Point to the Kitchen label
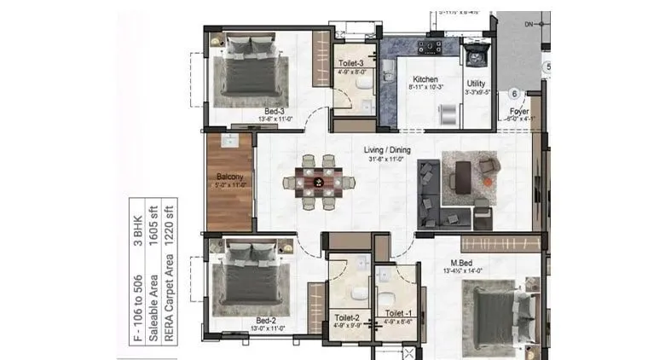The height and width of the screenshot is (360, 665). [425, 79]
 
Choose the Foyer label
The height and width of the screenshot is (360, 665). [519, 111]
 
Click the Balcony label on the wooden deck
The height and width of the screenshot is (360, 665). [229, 177]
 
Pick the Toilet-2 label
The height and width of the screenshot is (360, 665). [347, 317]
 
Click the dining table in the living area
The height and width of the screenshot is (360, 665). [320, 182]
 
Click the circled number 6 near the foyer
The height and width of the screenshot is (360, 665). [514, 95]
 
